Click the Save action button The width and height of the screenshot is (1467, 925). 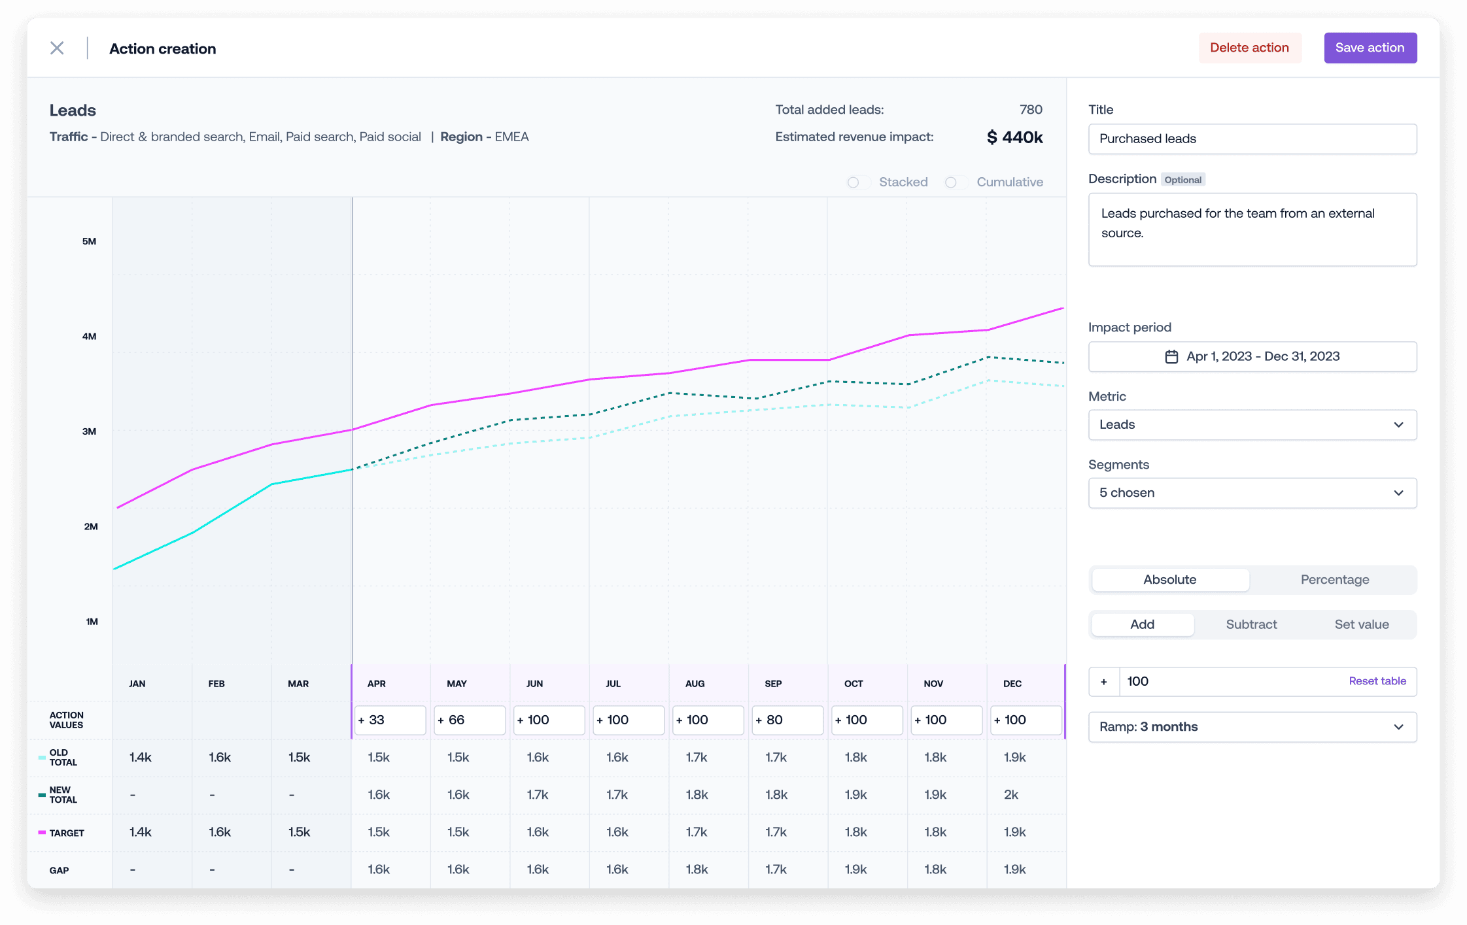1370,48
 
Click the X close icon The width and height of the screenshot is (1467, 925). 57,48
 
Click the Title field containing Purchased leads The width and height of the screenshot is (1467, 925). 1252,139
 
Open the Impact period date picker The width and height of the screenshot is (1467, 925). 1252,356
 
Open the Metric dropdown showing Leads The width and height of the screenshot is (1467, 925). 1252,425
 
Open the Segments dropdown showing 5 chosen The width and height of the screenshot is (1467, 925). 1252,493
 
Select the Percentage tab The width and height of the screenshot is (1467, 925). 1335,580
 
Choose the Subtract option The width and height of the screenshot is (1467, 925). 1251,624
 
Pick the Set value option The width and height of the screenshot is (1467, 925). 1362,624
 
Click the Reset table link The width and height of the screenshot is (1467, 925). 1377,681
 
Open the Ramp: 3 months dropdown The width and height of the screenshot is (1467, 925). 1252,727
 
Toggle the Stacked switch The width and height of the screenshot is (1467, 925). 858,182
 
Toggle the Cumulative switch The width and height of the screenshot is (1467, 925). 956,182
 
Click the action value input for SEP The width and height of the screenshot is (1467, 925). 787,720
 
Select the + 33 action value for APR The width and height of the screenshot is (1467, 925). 390,720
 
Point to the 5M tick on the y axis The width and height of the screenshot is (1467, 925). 89,241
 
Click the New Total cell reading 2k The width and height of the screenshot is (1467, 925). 1011,795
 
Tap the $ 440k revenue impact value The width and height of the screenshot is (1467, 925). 1014,137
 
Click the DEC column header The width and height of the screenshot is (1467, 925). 1012,684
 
